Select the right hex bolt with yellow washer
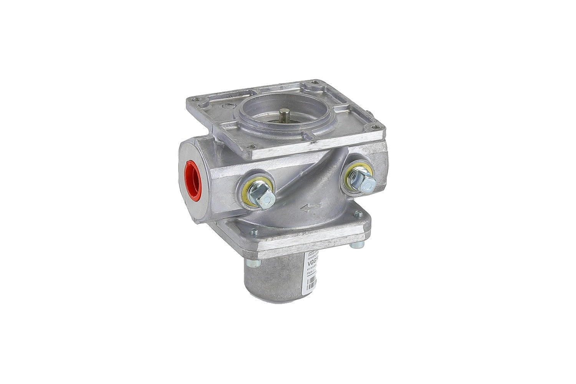(363, 180)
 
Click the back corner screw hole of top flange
(315, 82)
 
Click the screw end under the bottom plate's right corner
(356, 244)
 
